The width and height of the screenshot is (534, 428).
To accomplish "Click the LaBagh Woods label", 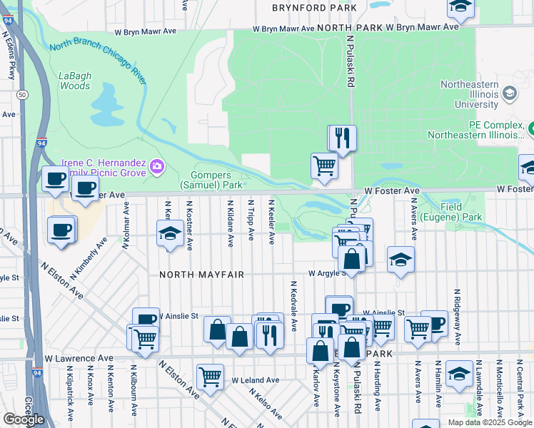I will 74,81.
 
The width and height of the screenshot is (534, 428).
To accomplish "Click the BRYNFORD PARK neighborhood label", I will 314,8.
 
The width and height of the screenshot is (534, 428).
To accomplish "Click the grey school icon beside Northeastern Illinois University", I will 510,93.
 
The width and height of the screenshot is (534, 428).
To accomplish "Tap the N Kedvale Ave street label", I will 293,306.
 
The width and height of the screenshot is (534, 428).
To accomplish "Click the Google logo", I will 24,419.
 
